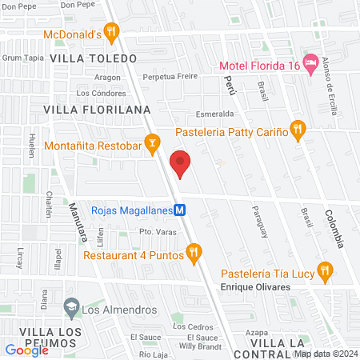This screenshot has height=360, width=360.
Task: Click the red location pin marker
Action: pos(181,165)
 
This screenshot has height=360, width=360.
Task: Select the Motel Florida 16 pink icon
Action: pos(312,62)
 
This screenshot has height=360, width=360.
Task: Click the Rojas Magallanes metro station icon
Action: pos(181,210)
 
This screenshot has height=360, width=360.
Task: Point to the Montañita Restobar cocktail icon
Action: pos(150,145)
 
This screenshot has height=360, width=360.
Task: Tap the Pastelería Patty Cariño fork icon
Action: pos(298,129)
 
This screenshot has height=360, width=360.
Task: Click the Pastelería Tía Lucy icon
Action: pos(324,271)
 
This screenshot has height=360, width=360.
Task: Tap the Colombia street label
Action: pos(334,229)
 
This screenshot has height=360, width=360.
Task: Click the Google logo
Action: pos(27,350)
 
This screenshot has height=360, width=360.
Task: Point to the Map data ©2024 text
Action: pos(325,354)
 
